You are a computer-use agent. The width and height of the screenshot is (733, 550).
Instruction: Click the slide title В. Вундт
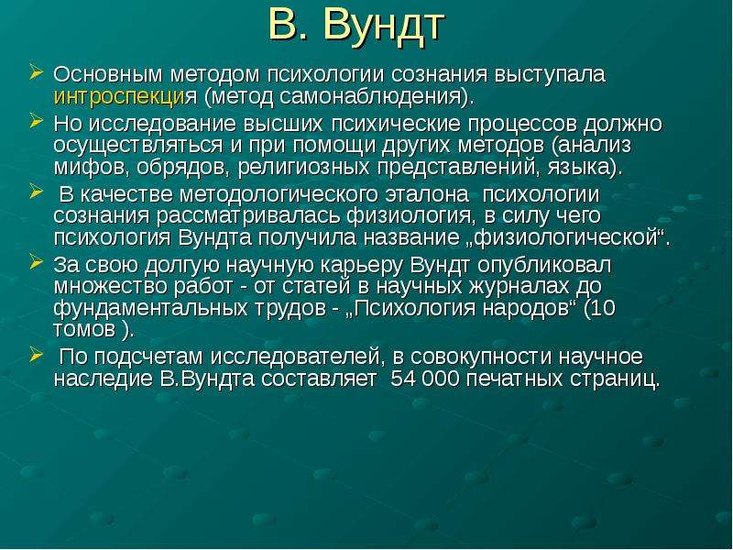coord(356,26)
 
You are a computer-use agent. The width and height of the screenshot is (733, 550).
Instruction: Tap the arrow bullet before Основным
coord(36,72)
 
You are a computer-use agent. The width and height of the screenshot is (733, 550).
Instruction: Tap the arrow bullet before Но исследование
coord(36,121)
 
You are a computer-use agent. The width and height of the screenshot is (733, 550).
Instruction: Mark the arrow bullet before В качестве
coord(36,192)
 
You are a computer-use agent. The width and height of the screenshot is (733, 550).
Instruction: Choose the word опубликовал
coord(544,265)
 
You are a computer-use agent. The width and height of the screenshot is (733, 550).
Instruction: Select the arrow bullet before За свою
coord(36,262)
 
